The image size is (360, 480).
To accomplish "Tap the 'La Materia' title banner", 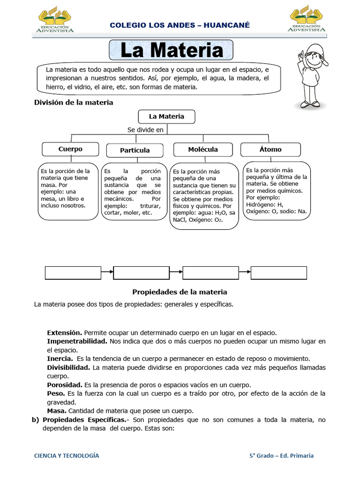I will tap(171, 51).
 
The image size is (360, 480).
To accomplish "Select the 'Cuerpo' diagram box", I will tap(70, 149).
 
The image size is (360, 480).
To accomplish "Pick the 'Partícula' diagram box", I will tap(135, 150).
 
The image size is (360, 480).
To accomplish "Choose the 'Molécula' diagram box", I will tap(202, 149).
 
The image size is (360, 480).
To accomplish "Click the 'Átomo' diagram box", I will tap(270, 150).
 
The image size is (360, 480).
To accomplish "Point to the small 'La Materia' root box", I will tap(166, 116).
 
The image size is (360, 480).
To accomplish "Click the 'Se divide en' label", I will tap(145, 130).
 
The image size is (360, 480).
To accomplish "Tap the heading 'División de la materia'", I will tap(74, 102).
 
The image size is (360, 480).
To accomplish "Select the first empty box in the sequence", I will tap(73, 273).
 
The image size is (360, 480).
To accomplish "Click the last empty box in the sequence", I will tap(279, 273).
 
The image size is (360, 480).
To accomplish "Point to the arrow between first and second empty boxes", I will tap(107, 273).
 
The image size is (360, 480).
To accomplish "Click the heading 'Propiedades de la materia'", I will tap(180, 292).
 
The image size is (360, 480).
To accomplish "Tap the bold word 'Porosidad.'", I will tap(65, 384).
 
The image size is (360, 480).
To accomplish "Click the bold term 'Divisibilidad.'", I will tap(69, 367).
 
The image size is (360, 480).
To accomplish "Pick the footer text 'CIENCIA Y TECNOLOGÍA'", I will tap(67, 455).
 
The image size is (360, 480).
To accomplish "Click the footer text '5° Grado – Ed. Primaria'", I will tap(281, 455).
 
